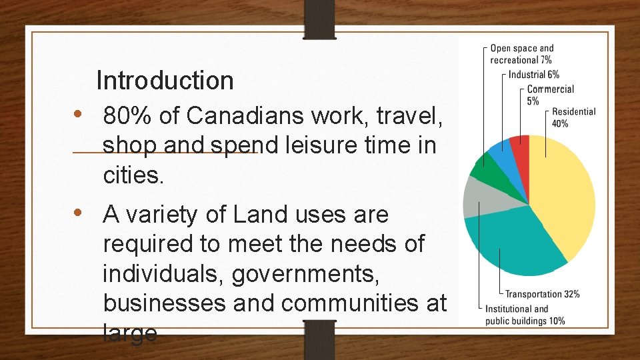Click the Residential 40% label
tap(573, 117)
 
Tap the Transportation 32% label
tap(542, 294)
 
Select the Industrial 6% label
tap(534, 75)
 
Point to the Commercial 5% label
tap(549, 95)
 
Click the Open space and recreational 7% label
tap(521, 54)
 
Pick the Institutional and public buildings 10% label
tap(525, 315)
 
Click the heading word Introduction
tap(165, 81)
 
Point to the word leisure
tap(310, 145)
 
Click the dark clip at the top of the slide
tap(319, 18)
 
